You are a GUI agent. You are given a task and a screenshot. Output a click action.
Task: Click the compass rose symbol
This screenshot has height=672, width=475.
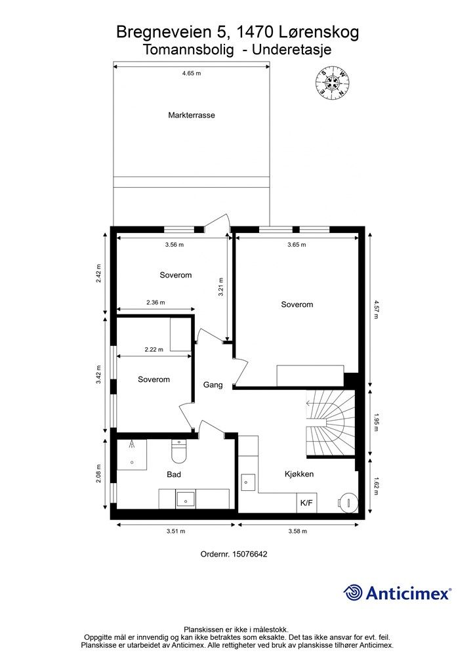click(332, 83)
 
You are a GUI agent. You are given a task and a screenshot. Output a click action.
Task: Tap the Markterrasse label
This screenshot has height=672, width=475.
click(192, 115)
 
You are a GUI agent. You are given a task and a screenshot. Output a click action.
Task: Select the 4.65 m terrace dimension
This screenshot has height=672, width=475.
click(192, 73)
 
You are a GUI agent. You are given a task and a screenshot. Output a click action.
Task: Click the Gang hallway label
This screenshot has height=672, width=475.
click(213, 385)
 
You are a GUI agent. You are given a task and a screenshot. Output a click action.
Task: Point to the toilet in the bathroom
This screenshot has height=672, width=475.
click(178, 451)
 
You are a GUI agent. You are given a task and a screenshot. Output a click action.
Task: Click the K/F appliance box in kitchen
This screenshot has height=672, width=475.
click(306, 503)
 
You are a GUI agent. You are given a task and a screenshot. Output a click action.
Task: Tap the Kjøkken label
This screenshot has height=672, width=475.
click(299, 474)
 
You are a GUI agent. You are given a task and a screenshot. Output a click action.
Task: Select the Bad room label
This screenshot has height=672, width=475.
click(174, 474)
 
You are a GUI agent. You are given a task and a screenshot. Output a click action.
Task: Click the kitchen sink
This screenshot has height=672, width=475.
click(248, 482)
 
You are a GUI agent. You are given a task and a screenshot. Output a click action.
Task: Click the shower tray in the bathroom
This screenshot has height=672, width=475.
click(132, 455)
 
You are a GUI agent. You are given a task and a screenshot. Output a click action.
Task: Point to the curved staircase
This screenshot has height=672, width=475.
click(330, 423)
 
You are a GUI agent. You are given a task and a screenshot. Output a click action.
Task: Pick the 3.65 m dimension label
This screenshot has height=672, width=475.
click(297, 245)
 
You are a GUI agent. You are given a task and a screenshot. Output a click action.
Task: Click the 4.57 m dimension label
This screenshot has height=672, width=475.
click(376, 310)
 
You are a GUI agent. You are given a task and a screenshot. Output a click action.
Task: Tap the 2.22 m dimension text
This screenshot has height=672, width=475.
click(154, 349)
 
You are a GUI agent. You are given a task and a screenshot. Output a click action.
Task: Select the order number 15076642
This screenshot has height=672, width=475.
click(249, 554)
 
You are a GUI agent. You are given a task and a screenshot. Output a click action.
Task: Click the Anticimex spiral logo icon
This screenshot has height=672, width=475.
click(353, 593)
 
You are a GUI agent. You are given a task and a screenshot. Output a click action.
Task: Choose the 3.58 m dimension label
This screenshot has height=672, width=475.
click(297, 531)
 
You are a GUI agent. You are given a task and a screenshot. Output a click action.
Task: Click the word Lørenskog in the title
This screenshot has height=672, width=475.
click(319, 33)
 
